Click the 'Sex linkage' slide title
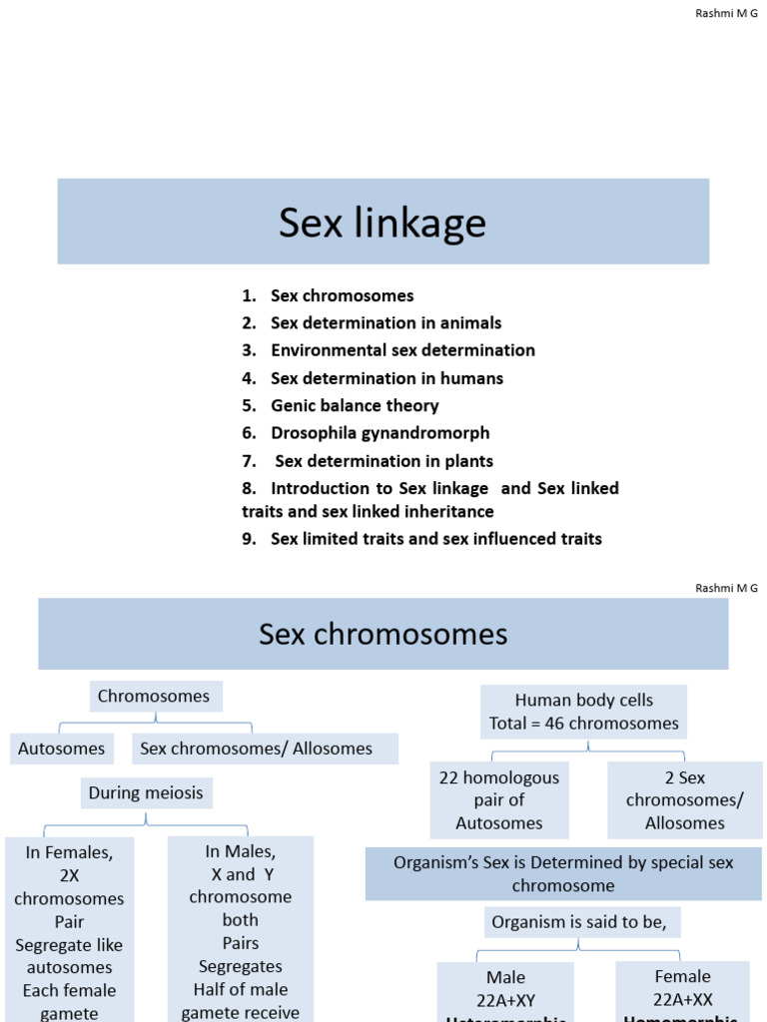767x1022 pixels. [x=383, y=223]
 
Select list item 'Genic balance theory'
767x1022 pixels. [x=354, y=406]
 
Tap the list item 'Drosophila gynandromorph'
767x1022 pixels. [x=380, y=433]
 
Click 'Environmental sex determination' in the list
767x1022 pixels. [x=401, y=350]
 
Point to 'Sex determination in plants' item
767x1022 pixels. [x=383, y=461]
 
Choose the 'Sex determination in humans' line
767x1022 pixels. [x=385, y=378]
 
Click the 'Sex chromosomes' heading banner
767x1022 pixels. [x=383, y=634]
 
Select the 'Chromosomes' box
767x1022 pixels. [x=154, y=696]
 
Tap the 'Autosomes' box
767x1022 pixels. [x=62, y=749]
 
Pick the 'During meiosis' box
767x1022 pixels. [x=146, y=793]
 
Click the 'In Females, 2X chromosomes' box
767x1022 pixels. [x=69, y=928]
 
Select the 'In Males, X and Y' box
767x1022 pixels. [x=241, y=928]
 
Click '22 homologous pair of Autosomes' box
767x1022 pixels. [x=498, y=799]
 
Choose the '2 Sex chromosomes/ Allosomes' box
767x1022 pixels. [x=684, y=799]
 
